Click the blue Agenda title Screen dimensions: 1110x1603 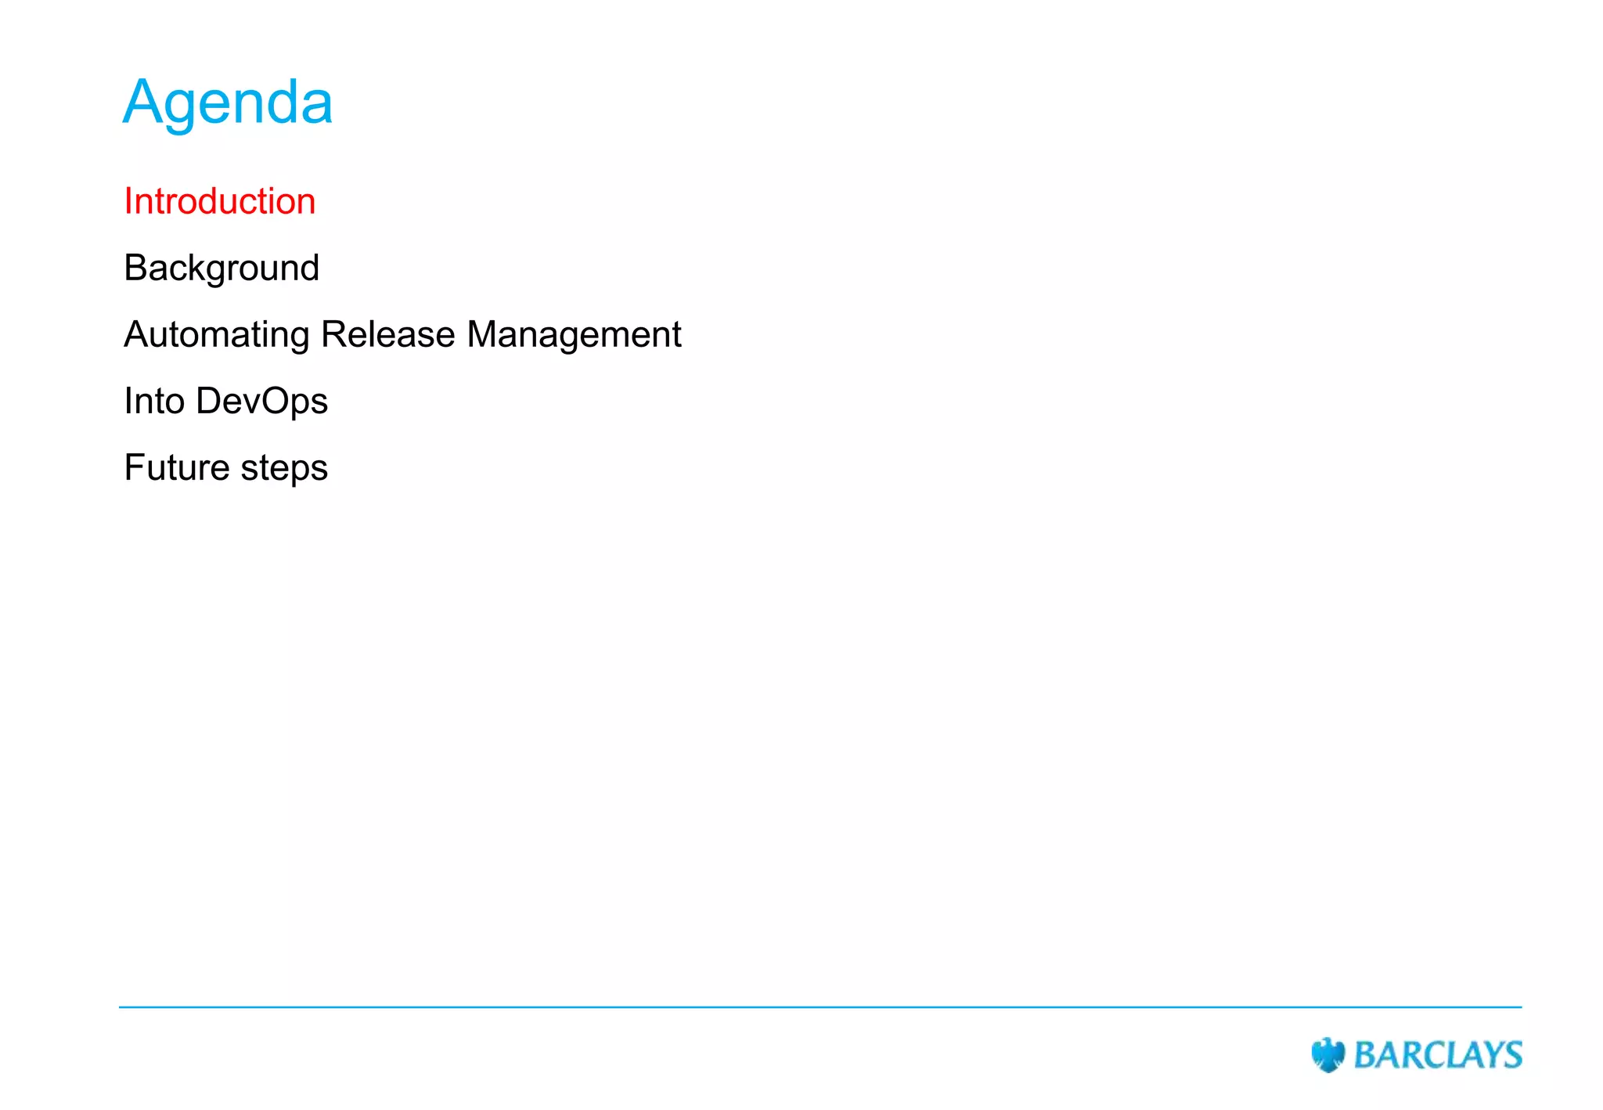point(228,103)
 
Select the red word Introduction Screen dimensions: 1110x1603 point(220,202)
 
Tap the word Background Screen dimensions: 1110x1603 point(222,268)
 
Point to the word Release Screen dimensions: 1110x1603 point(388,334)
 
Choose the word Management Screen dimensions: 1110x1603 point(574,335)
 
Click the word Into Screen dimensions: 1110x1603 point(154,401)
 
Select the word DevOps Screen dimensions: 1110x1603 point(261,402)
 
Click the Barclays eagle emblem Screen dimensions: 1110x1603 point(1327,1054)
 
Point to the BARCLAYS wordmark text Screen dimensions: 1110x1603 point(1438,1055)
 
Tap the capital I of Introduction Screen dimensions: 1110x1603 point(128,202)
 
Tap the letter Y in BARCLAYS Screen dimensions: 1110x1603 point(1490,1055)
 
